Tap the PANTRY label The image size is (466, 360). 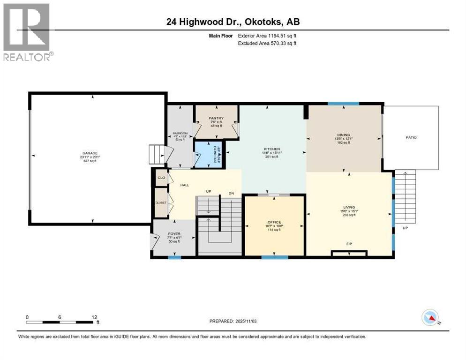pos(216,118)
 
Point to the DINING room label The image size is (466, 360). pos(344,135)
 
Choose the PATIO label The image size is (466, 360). pos(411,138)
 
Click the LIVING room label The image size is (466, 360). pos(348,207)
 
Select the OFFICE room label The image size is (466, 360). pos(274,222)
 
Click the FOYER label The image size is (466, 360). pos(174,233)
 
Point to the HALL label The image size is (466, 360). pos(184,185)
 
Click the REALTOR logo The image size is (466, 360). pos(28,31)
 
